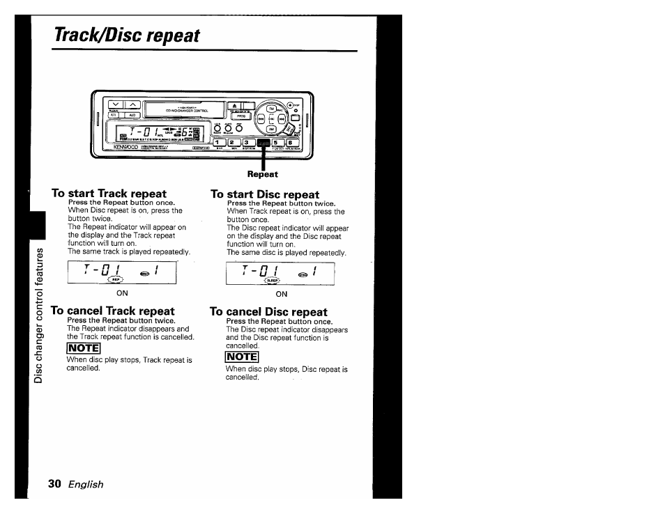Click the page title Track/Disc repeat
128,35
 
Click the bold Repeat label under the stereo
263,174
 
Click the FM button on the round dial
270,109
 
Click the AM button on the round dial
270,129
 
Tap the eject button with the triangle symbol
234,105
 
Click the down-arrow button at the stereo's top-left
116,104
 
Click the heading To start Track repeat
109,193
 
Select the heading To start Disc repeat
265,194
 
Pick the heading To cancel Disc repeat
268,311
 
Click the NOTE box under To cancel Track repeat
84,348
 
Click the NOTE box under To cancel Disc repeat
243,357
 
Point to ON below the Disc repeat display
282,295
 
